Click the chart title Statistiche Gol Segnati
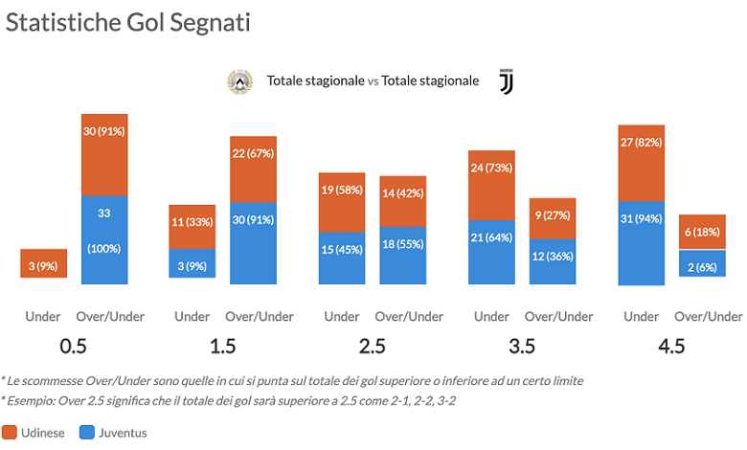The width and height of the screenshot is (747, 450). point(128,23)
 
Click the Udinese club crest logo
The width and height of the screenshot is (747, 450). point(237,82)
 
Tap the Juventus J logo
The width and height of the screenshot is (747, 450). point(506,82)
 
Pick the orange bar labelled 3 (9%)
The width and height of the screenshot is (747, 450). point(44,264)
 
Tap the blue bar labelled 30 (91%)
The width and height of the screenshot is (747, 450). point(253,243)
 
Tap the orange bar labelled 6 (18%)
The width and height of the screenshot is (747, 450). point(702,232)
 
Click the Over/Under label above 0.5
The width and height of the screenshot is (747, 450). point(109,317)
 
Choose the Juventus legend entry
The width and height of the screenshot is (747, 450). point(114,433)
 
